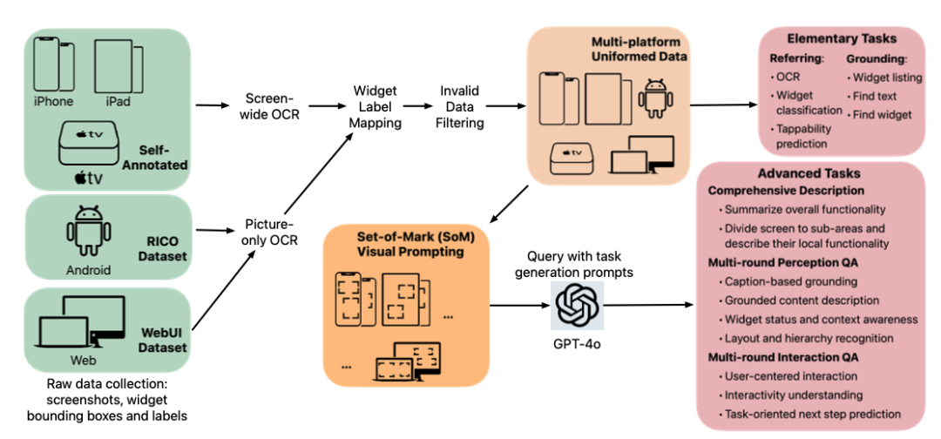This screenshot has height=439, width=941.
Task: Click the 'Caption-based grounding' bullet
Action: coord(790,281)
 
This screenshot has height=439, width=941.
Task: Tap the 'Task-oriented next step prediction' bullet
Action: coord(816,414)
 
